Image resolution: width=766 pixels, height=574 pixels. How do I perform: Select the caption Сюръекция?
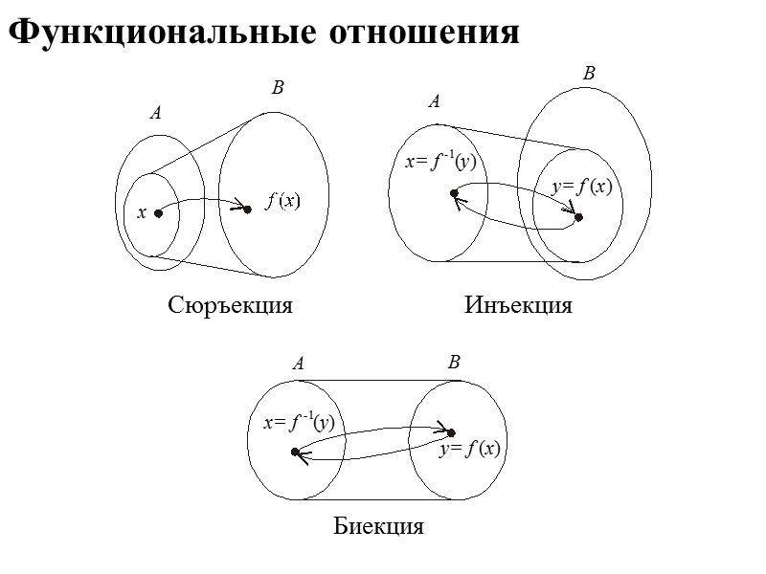click(229, 306)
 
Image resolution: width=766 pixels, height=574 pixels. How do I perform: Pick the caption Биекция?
click(378, 527)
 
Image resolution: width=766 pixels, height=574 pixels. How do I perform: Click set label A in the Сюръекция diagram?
click(155, 113)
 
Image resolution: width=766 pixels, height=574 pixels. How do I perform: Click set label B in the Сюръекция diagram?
click(278, 89)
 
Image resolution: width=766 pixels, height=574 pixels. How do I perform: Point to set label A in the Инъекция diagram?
click(434, 100)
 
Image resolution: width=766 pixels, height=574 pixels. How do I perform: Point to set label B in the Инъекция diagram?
click(589, 73)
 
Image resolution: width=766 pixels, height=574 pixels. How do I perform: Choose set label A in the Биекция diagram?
click(298, 364)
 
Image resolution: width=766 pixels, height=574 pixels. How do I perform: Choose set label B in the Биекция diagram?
click(454, 363)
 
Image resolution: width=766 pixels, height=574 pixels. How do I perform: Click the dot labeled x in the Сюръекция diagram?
click(159, 213)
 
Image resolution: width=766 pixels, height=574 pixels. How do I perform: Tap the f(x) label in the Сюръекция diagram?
click(283, 201)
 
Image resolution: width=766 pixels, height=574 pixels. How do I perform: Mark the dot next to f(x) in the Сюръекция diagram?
click(247, 209)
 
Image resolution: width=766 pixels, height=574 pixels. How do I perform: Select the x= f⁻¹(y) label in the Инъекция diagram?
click(440, 162)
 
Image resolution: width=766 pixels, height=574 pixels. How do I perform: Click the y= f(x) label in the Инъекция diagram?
click(580, 187)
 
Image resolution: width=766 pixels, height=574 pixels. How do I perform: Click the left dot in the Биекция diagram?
click(296, 452)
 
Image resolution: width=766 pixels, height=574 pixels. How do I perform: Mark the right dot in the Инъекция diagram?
click(578, 218)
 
